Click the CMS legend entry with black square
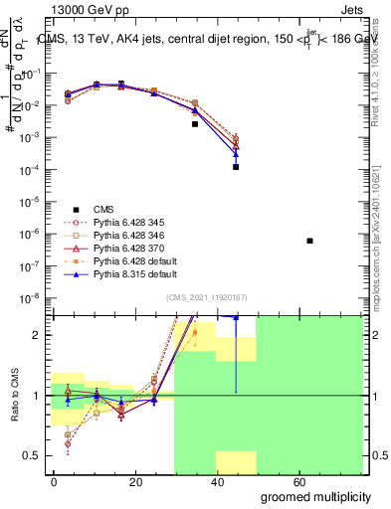102,209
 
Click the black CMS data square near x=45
236,167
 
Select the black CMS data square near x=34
195,124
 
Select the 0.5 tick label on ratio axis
32,455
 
